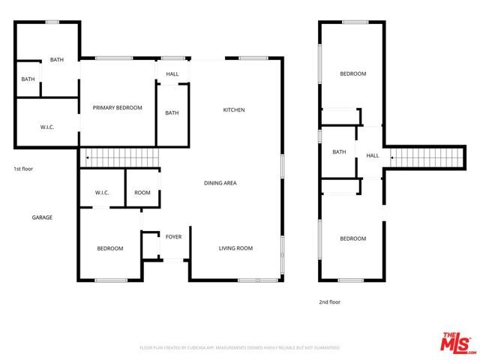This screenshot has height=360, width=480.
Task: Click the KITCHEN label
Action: click(x=234, y=110)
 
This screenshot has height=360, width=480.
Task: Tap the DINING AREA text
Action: click(x=220, y=183)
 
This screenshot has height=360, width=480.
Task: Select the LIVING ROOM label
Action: click(x=235, y=248)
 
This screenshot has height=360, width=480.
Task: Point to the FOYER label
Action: click(x=173, y=237)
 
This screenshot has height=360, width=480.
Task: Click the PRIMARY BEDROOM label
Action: click(x=117, y=108)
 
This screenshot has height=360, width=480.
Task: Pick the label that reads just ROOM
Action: click(x=142, y=193)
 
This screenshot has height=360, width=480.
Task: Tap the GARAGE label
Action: click(x=42, y=217)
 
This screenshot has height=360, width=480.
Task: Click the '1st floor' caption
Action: click(x=23, y=169)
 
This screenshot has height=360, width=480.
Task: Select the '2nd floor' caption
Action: click(x=329, y=302)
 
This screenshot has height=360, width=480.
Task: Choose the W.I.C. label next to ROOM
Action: click(x=103, y=193)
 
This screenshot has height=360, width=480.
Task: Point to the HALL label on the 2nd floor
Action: click(x=373, y=156)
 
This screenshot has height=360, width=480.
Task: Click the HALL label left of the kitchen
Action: click(x=172, y=73)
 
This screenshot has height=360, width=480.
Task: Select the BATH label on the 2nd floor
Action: click(x=339, y=152)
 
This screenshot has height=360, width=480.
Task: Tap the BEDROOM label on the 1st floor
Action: click(x=110, y=248)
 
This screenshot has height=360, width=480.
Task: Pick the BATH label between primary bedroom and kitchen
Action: click(x=172, y=113)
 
